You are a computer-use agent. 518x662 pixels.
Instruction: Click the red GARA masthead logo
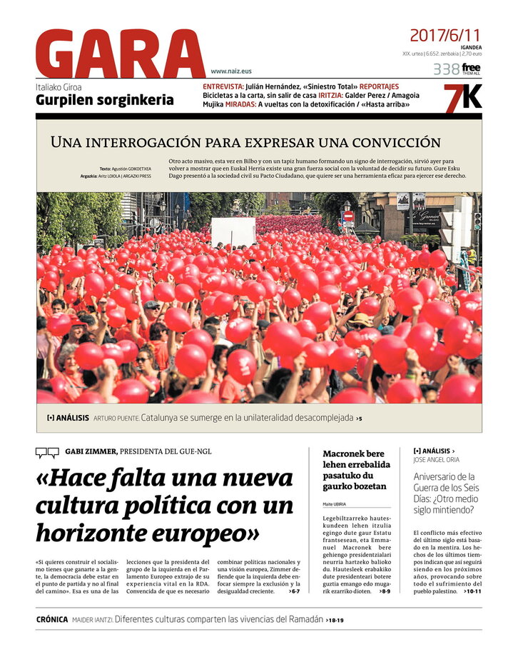120,54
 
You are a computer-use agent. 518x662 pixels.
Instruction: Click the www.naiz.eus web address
230,71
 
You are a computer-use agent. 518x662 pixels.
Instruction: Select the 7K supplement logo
462,99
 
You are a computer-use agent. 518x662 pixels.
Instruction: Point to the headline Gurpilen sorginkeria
104,100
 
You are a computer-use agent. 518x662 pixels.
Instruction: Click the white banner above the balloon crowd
233,231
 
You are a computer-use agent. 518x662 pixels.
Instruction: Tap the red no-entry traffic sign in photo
348,215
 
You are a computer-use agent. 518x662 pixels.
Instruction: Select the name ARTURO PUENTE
116,418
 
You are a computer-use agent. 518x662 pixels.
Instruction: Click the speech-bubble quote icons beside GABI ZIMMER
47,452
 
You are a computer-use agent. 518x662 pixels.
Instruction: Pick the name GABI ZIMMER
91,451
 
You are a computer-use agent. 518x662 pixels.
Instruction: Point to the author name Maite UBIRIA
335,504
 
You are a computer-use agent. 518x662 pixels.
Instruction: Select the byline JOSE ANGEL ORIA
437,460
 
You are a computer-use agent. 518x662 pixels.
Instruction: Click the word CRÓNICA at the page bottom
52,620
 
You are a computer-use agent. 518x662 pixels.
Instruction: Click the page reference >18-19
335,621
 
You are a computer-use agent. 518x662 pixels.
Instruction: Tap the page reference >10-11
472,591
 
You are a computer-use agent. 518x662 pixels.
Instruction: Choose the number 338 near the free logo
446,69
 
